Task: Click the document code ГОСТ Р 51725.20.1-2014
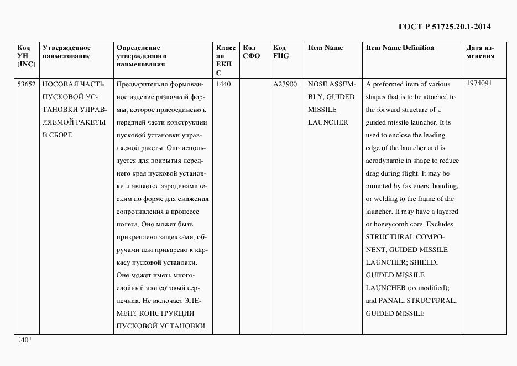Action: point(444,26)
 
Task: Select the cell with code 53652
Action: point(27,84)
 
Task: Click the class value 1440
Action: point(224,84)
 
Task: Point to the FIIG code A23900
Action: point(285,84)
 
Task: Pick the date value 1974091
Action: point(479,83)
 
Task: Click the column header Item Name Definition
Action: point(400,48)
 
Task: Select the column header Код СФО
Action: point(252,51)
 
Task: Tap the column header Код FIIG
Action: point(281,51)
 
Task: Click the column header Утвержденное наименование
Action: point(66,51)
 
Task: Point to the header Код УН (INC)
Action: point(26,55)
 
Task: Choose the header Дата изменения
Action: point(480,51)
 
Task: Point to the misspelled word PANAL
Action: point(391,301)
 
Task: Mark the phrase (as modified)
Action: point(429,288)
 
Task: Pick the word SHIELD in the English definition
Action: point(424,262)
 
